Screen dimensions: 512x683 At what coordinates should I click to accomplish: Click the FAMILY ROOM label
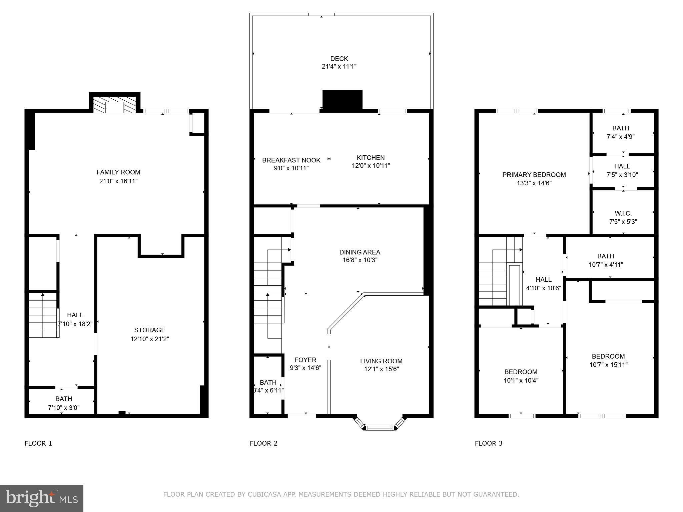(x=118, y=172)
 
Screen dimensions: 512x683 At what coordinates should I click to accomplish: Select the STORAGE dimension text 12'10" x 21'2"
(x=150, y=339)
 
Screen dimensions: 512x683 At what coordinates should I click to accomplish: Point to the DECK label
(x=339, y=59)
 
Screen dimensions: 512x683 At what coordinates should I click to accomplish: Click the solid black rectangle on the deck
(x=342, y=99)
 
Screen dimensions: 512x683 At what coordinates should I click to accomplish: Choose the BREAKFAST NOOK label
(x=291, y=160)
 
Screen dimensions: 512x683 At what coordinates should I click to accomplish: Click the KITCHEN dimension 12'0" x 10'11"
(x=371, y=166)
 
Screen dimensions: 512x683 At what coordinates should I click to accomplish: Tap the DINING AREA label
(x=360, y=252)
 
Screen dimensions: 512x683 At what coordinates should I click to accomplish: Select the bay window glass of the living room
(x=380, y=428)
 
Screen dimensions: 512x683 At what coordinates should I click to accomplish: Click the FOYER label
(x=305, y=360)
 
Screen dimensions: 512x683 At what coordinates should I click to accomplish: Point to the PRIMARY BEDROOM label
(x=534, y=175)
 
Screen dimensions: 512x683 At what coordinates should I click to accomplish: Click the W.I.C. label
(x=623, y=213)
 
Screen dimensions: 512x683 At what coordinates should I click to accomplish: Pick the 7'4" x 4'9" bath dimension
(x=620, y=137)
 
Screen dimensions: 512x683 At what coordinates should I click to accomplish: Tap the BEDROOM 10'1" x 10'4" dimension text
(x=521, y=380)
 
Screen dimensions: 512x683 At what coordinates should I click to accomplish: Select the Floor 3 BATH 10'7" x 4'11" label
(x=605, y=256)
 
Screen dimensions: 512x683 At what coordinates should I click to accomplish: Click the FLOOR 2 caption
(x=263, y=443)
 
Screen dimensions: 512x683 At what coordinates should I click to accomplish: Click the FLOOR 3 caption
(x=488, y=443)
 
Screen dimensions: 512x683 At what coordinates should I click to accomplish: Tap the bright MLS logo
(x=42, y=498)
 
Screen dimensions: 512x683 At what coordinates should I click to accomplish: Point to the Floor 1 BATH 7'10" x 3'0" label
(x=63, y=399)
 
